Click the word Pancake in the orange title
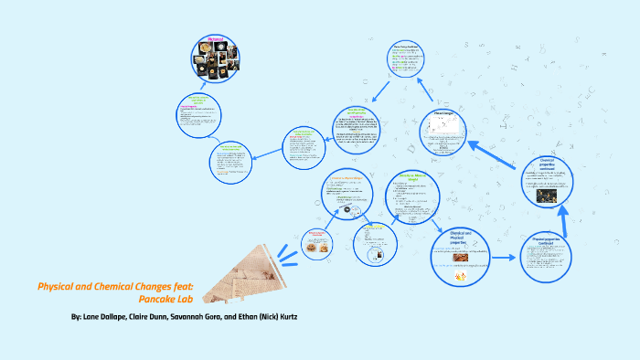click(157, 299)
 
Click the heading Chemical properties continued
click(553, 164)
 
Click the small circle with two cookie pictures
click(315, 244)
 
